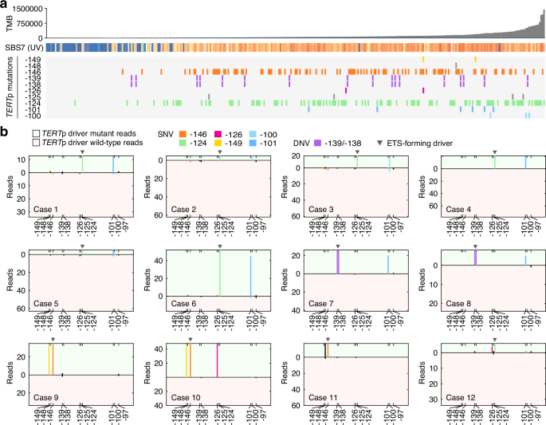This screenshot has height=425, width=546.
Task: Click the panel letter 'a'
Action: pos(4,5)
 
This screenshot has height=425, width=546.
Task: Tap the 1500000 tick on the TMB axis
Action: pos(29,9)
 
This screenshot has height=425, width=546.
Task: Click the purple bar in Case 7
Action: pos(338,262)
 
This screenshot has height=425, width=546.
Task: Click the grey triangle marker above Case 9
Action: pos(52,338)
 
